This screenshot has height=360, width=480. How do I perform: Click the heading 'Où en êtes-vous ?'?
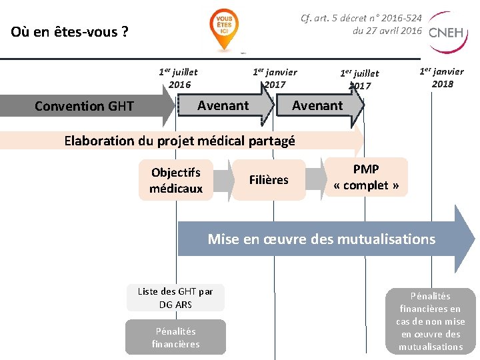(70, 31)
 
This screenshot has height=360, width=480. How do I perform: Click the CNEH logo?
(447, 32)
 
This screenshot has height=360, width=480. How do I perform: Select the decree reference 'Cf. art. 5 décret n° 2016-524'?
(361, 18)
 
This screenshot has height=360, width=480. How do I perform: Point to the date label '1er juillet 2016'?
(178, 78)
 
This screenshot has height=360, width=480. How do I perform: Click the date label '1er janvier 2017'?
(275, 78)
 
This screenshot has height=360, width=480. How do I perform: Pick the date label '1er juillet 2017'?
(359, 79)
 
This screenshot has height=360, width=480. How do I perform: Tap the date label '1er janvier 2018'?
(441, 77)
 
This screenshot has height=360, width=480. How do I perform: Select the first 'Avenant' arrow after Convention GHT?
(224, 105)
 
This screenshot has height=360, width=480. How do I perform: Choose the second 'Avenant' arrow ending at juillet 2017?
(318, 105)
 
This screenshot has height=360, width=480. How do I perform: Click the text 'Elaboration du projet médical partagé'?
(179, 140)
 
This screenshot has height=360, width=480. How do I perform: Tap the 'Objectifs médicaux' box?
(176, 180)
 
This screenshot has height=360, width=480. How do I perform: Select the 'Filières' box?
(269, 180)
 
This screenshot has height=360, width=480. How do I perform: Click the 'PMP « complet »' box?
(366, 177)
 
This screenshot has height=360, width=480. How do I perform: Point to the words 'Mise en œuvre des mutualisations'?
(321, 239)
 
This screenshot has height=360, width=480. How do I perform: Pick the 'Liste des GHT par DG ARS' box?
(175, 297)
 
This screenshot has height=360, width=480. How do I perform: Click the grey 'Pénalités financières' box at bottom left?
(175, 337)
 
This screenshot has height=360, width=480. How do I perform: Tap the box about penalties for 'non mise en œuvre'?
(430, 321)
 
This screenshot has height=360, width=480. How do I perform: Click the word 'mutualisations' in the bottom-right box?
(430, 347)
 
